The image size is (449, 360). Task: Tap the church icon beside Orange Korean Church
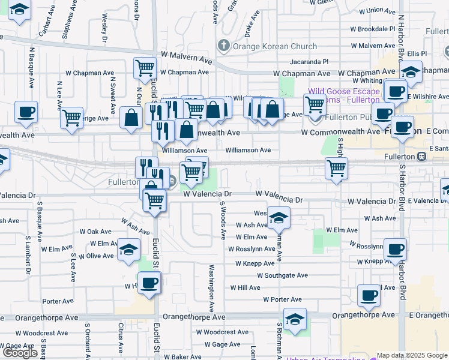(224, 46)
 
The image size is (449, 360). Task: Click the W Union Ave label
(376, 10)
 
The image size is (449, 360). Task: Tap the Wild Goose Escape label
(343, 92)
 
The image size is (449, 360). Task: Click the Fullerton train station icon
(422, 157)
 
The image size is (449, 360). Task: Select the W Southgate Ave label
(282, 275)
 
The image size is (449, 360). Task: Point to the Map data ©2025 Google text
(412, 355)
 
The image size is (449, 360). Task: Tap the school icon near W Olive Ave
(128, 250)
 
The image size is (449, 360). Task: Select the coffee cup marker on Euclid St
(149, 283)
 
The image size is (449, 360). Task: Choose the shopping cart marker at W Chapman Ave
(145, 68)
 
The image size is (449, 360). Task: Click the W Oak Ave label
(100, 232)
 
